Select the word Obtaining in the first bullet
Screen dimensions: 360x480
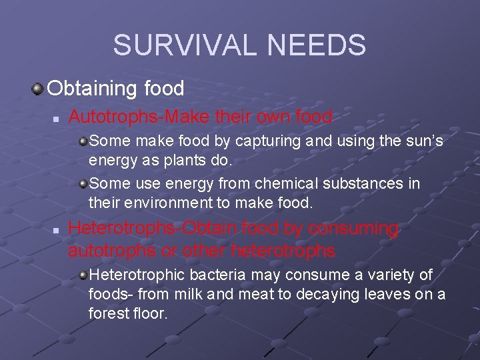(91, 88)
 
